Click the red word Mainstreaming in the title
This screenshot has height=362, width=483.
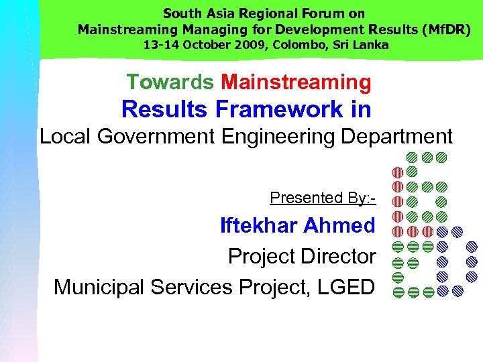click(x=296, y=82)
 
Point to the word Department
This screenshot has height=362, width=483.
click(x=397, y=136)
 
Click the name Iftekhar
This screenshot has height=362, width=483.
click(x=258, y=225)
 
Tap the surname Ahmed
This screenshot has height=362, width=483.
click(x=339, y=225)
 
